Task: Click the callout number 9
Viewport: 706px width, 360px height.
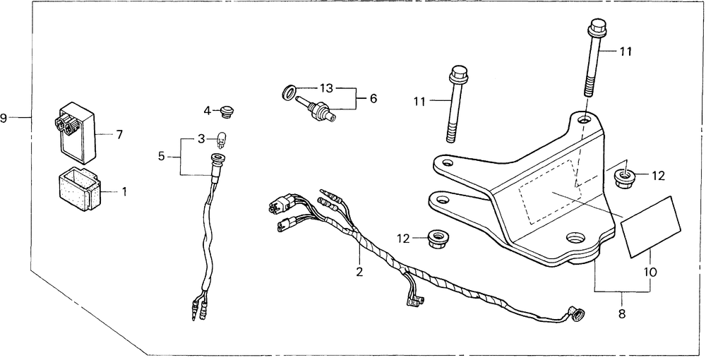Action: click(4, 117)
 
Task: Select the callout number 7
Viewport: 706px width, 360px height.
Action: click(119, 133)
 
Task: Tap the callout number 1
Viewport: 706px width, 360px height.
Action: click(125, 191)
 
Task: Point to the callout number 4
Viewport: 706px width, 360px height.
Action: click(207, 110)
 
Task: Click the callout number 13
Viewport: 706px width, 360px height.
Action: click(325, 88)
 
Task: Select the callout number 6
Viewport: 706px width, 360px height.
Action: click(373, 98)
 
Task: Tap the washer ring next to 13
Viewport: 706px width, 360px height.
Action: click(289, 92)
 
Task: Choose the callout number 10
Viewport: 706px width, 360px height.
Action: click(649, 270)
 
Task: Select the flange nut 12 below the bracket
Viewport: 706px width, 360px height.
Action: click(440, 239)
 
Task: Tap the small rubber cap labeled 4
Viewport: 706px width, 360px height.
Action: click(226, 111)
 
